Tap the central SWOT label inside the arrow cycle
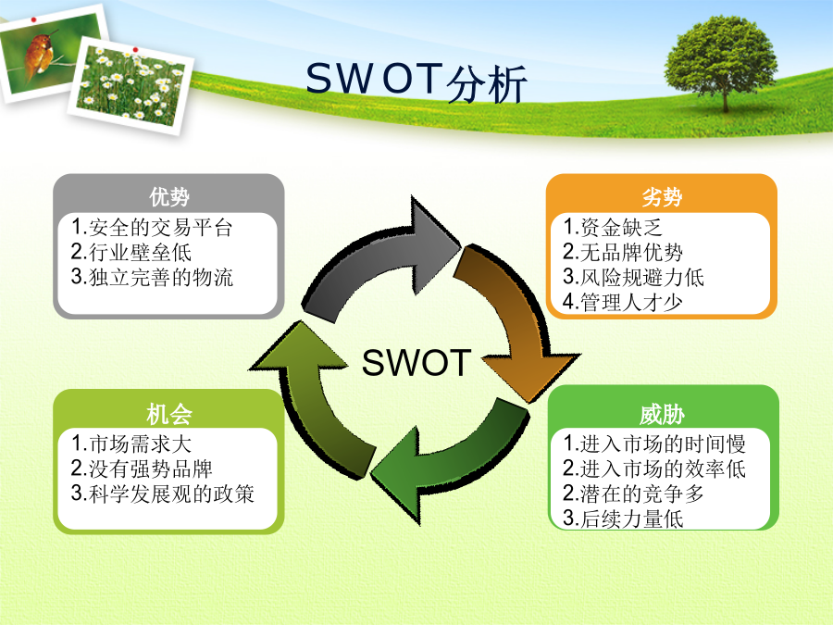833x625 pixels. click(x=416, y=363)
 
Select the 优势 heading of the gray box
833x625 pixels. click(x=169, y=196)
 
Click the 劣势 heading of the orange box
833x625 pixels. click(x=662, y=196)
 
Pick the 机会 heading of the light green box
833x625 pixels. click(x=169, y=414)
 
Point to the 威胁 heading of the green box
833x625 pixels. click(x=662, y=414)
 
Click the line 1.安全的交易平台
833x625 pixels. click(x=152, y=228)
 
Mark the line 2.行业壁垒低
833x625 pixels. click(x=131, y=252)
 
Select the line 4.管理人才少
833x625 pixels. click(x=623, y=302)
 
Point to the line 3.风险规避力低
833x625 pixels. click(x=633, y=277)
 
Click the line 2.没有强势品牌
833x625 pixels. click(x=142, y=469)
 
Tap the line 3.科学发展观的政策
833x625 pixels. click(x=163, y=494)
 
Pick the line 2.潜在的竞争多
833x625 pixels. click(x=633, y=494)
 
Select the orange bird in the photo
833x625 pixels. click(x=40, y=55)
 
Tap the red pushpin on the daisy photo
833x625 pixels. click(x=135, y=50)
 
